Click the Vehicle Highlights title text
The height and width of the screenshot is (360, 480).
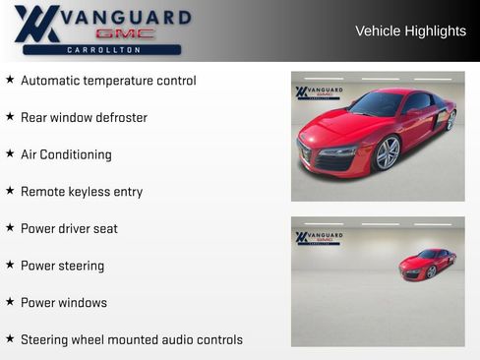(410, 30)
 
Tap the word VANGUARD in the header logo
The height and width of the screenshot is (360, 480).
(125, 17)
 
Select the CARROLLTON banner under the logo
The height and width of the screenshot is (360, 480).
(102, 49)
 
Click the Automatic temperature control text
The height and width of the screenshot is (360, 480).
(108, 81)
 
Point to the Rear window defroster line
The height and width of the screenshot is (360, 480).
(84, 118)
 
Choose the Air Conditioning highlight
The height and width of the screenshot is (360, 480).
(66, 154)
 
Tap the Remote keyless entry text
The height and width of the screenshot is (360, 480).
(82, 192)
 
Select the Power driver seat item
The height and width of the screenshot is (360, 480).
(69, 229)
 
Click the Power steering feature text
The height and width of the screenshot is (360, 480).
(62, 266)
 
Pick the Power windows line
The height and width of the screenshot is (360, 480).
(64, 303)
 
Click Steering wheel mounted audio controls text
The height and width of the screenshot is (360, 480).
(132, 340)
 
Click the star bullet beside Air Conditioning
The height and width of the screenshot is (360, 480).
(10, 153)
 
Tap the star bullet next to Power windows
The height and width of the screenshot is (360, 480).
(10, 302)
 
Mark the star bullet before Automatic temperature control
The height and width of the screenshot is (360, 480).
(10, 80)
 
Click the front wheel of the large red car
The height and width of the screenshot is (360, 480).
(388, 152)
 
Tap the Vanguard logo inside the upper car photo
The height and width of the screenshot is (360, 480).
(319, 92)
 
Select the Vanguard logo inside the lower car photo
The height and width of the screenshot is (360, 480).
(319, 238)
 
